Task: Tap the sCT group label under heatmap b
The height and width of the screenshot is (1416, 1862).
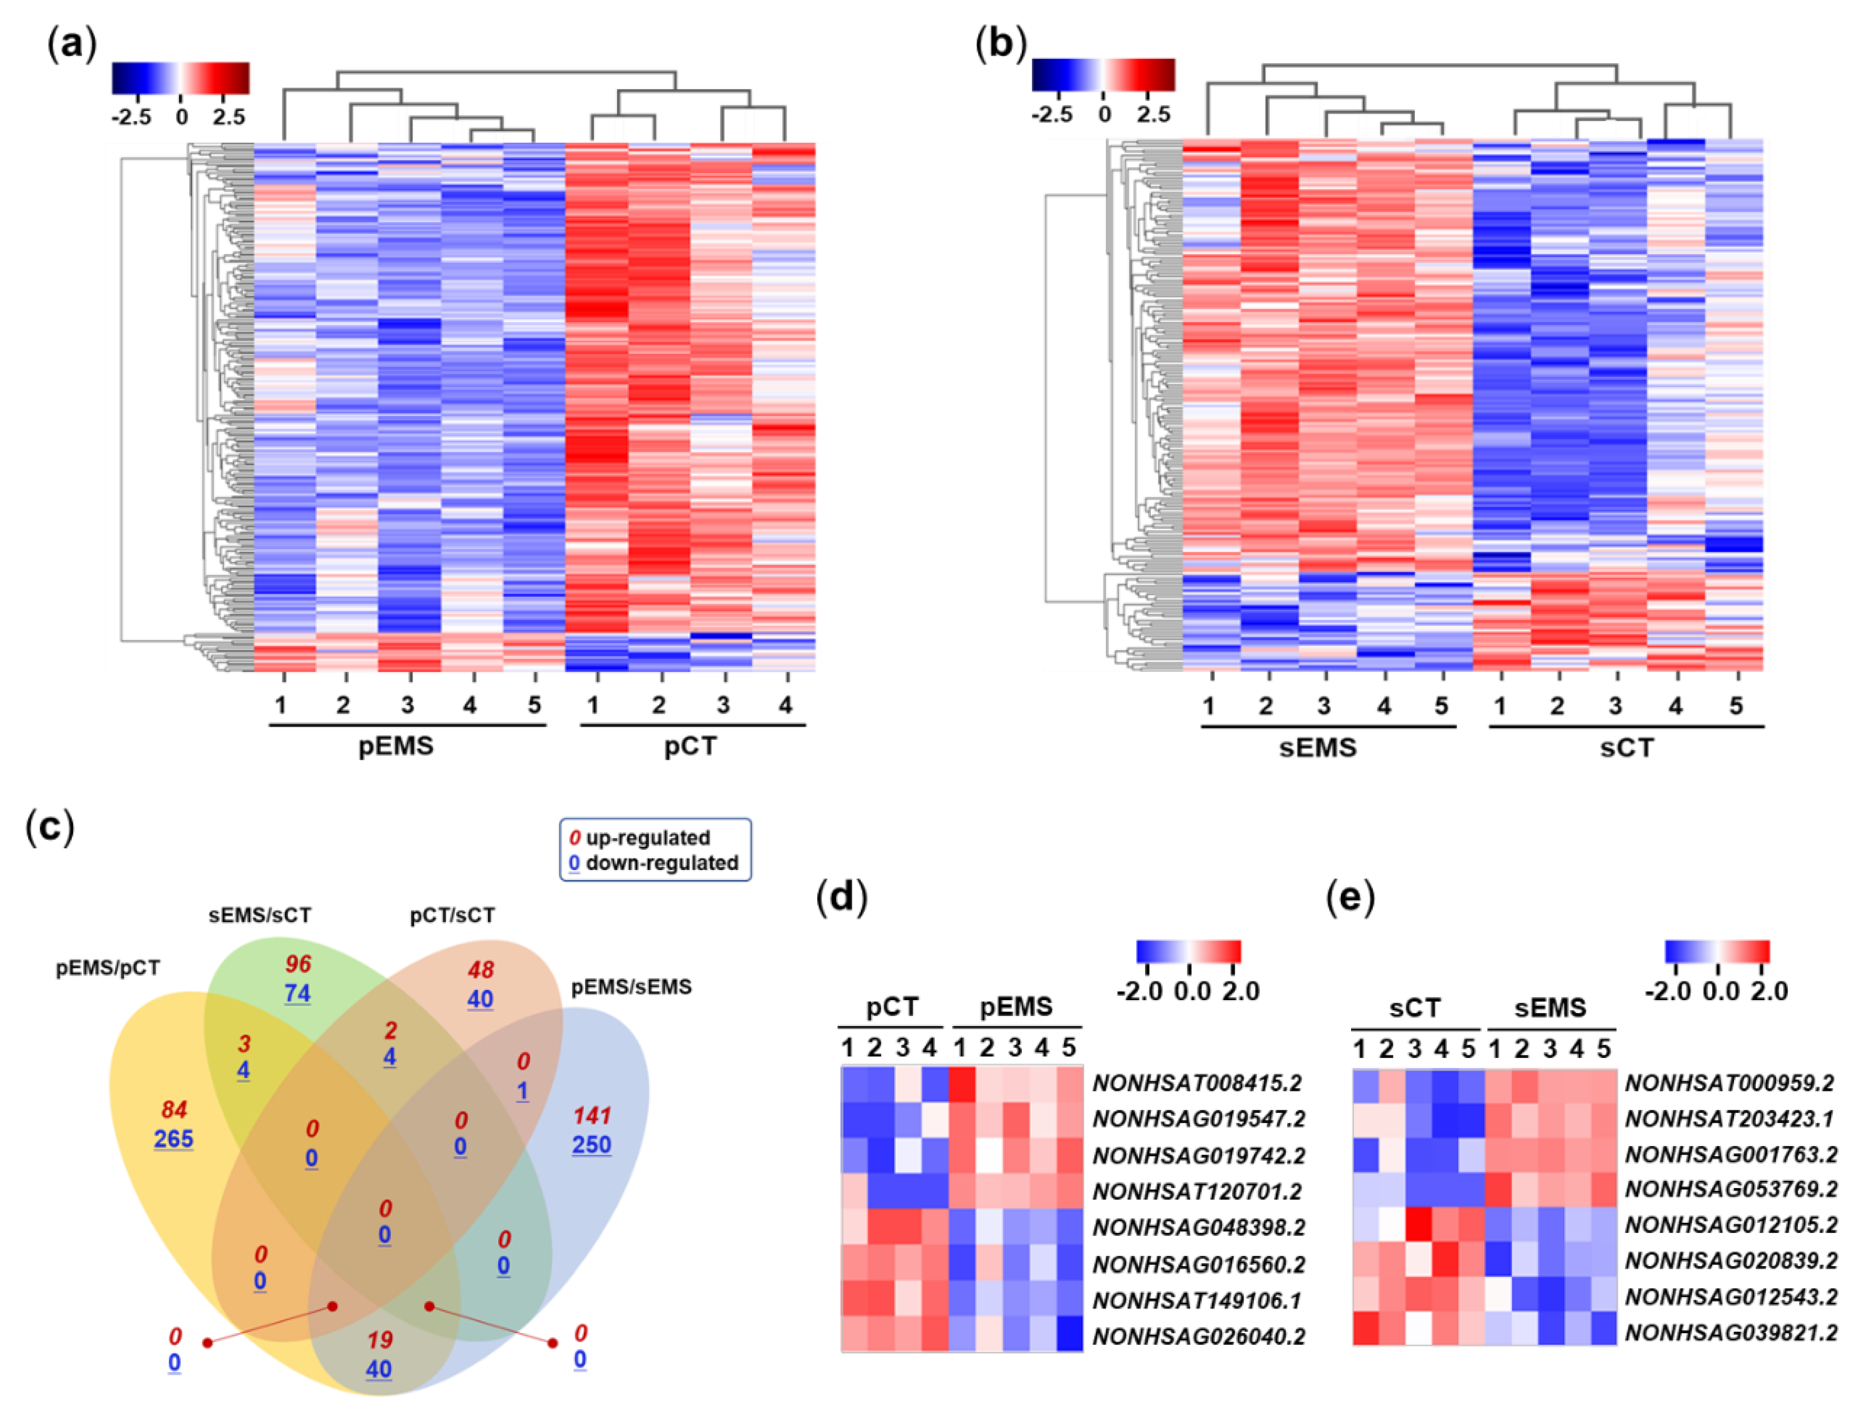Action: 1626,748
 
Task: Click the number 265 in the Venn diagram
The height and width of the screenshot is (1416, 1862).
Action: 174,1139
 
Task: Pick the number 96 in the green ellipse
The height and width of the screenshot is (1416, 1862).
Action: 297,963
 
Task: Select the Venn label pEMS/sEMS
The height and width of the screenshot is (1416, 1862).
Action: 631,987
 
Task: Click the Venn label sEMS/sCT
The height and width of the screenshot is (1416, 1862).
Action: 260,915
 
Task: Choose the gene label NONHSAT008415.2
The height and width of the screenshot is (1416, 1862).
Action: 1198,1082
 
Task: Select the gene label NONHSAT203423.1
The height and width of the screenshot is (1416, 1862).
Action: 1730,1119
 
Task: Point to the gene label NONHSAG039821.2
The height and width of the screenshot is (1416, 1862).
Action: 1730,1333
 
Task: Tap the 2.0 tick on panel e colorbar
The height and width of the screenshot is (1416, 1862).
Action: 1769,991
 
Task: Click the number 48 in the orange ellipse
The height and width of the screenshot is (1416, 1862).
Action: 481,970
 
